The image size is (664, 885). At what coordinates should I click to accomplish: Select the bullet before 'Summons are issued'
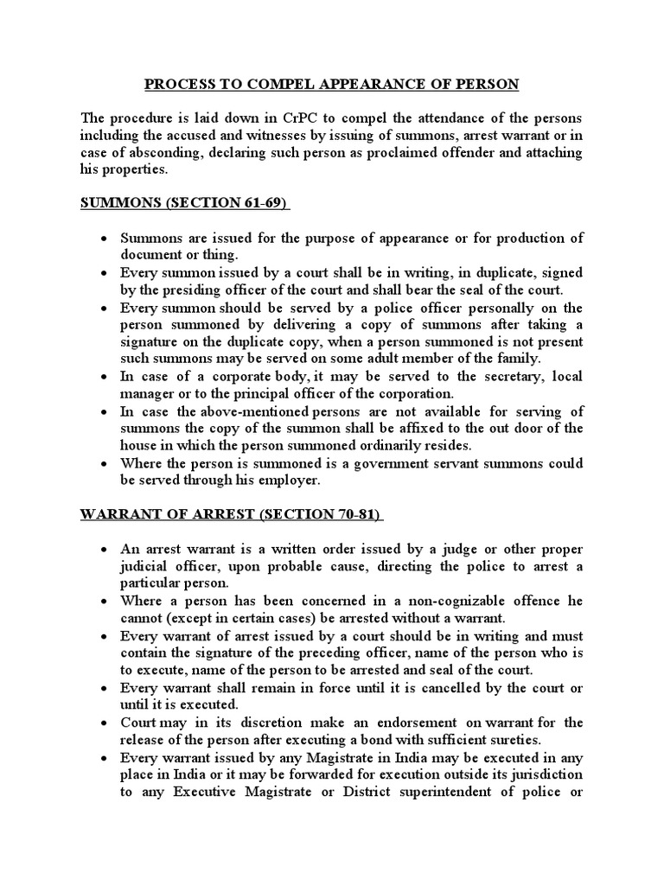pos(104,239)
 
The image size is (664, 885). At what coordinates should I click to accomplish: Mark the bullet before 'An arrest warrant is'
pos(104,550)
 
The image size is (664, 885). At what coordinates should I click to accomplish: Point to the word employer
pos(290,480)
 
